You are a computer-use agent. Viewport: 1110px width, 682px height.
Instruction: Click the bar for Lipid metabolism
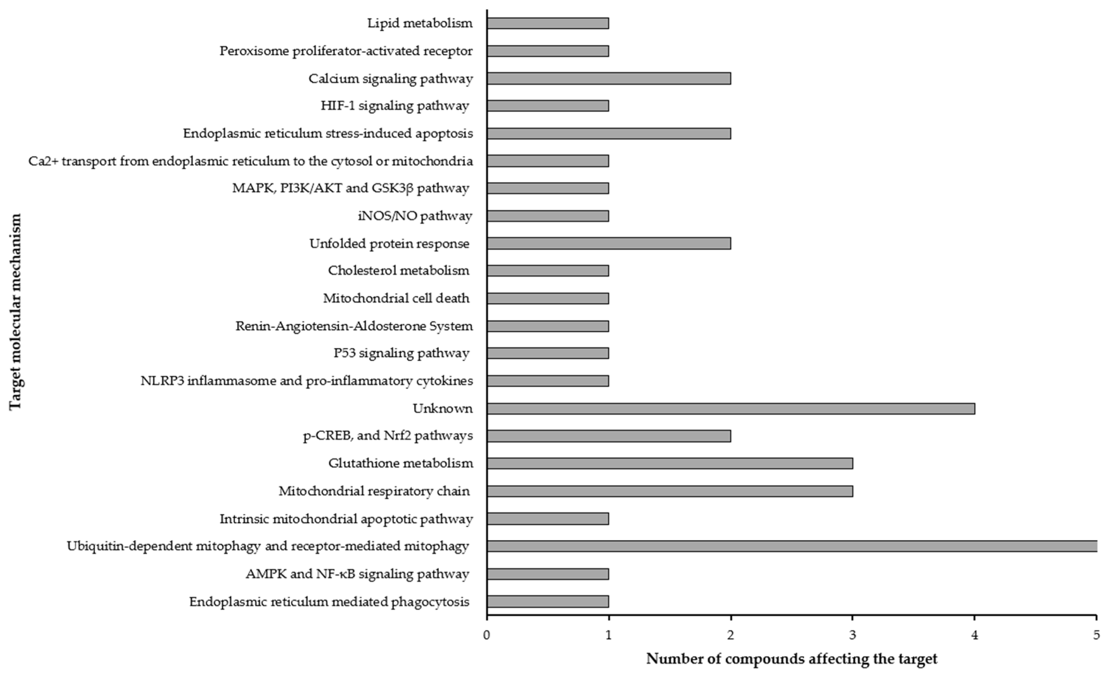point(548,23)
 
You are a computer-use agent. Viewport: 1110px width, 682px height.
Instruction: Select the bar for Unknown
point(731,409)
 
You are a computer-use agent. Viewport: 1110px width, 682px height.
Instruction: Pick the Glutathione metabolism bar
point(670,463)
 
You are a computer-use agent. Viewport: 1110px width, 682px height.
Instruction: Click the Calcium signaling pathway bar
point(609,78)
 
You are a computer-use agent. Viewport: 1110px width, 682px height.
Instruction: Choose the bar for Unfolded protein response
point(609,244)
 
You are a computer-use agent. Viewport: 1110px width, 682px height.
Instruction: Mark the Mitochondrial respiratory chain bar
point(670,491)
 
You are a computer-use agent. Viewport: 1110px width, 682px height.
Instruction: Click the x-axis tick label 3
point(853,635)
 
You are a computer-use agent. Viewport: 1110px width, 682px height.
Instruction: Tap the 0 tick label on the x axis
point(487,635)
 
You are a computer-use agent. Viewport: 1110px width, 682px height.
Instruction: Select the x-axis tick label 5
point(1096,635)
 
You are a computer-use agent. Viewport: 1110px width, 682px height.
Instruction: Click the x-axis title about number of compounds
point(792,659)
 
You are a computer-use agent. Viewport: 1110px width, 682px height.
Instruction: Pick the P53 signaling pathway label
point(401,353)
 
